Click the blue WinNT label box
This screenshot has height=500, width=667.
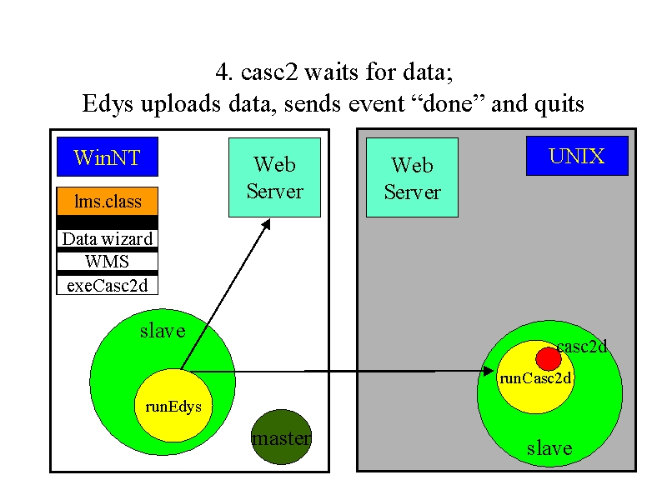[108, 157]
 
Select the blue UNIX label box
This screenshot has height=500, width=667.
[577, 156]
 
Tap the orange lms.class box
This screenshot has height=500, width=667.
[108, 201]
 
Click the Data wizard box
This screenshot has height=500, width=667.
[108, 238]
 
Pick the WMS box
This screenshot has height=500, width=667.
[108, 261]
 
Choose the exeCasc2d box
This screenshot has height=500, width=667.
[108, 285]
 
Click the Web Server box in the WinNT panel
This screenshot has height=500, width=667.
[274, 177]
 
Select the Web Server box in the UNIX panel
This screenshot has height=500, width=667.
[412, 177]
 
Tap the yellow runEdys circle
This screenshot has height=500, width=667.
[173, 406]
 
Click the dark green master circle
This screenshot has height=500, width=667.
[281, 437]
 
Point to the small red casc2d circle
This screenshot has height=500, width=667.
[549, 359]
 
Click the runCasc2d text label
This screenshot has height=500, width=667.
[535, 378]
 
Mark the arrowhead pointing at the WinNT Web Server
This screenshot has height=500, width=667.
[266, 224]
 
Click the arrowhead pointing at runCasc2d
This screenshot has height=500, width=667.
[488, 371]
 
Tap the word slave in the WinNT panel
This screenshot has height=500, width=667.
[163, 331]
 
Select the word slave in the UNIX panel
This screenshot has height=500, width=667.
[549, 448]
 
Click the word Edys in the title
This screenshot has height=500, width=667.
[108, 104]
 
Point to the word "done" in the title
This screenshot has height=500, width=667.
[449, 102]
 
